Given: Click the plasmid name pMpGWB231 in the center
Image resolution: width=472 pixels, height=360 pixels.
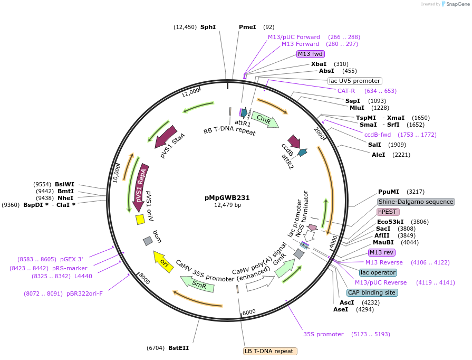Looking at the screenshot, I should coord(227,198).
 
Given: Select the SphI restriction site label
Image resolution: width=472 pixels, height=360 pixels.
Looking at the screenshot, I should coord(208,27).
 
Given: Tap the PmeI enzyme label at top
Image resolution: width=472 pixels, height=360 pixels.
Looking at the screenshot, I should coord(247,27).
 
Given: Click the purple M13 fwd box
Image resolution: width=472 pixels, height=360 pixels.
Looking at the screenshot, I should coord(310,54).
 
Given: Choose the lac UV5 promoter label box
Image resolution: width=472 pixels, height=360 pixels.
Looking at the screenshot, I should coord(354,81).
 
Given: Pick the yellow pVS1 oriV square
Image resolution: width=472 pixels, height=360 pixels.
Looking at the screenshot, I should coord(140,219).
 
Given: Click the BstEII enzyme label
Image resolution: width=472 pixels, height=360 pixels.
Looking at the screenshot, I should coord(178,348).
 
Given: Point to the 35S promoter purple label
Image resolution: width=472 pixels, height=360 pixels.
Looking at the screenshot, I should coord(323,334).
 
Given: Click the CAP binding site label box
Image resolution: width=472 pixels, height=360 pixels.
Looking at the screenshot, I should coord(372,292).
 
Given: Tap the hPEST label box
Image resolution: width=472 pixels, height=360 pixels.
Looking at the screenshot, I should coord(388,212).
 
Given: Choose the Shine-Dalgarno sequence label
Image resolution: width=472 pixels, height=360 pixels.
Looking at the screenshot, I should coord(416,202).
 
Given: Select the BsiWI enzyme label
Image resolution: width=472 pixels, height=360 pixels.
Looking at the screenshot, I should coord(65,184).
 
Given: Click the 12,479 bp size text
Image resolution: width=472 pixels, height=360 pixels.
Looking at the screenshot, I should coord(227,205).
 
